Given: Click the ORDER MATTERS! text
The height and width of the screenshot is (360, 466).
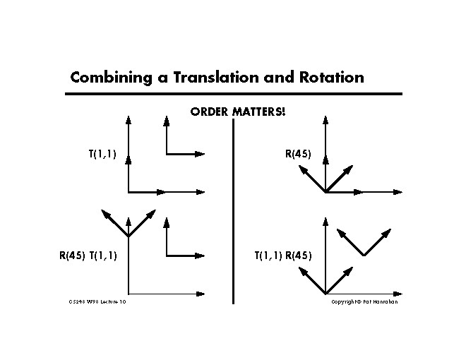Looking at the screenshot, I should click(x=239, y=112).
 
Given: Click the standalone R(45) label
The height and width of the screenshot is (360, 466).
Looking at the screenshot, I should click(x=297, y=154).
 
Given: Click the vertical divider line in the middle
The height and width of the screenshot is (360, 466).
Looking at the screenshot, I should click(x=233, y=212).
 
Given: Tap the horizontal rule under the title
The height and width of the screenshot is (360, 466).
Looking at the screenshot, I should click(x=233, y=94).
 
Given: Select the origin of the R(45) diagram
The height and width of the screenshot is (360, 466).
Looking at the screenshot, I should click(x=325, y=191).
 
